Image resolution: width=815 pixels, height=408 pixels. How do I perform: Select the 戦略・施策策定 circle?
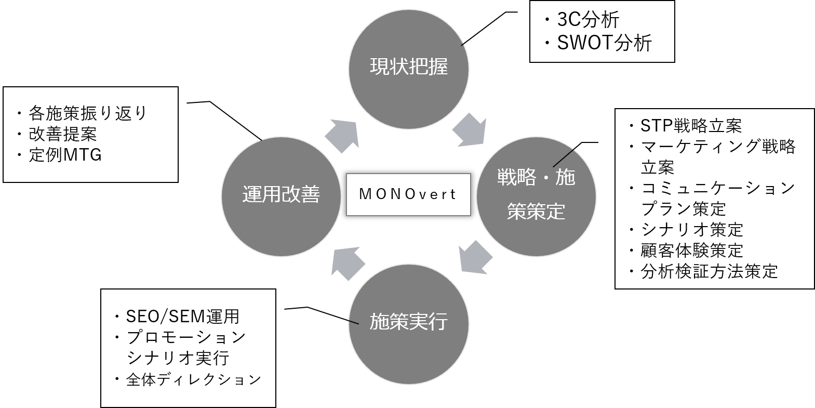[x=536, y=196]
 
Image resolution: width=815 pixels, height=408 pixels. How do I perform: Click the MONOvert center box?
[x=408, y=194]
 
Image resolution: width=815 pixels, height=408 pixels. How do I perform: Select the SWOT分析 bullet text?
[x=604, y=43]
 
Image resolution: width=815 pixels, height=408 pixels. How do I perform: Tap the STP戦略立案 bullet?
[x=690, y=126]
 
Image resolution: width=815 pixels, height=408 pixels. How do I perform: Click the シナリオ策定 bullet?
[x=691, y=229]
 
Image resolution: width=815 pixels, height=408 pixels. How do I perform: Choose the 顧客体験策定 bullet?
[x=691, y=251]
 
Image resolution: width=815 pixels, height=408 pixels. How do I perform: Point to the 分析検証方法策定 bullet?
[x=709, y=271]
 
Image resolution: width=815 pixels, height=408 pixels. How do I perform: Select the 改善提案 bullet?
[x=63, y=134]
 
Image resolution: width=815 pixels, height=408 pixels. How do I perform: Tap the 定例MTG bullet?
[x=65, y=155]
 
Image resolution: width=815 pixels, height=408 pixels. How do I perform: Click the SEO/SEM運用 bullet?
[x=182, y=316]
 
